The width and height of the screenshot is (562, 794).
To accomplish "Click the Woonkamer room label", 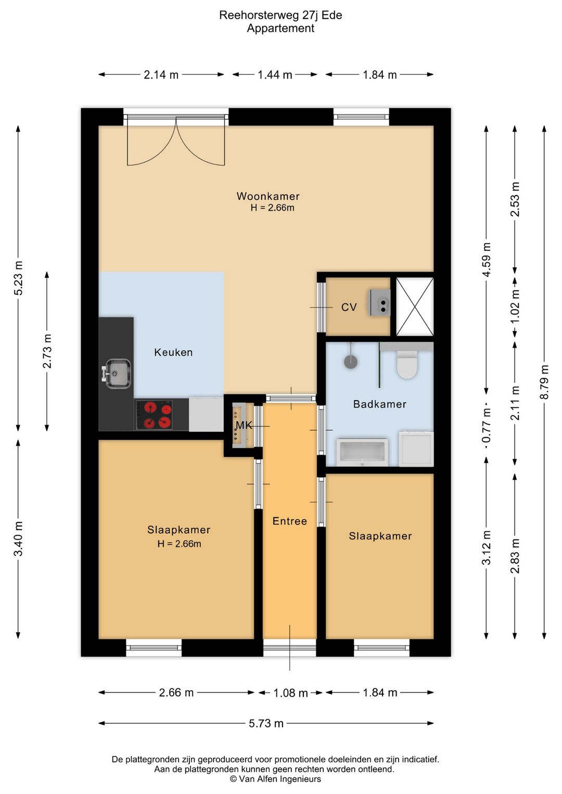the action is click(x=268, y=196).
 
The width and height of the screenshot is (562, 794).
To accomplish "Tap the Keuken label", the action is click(x=173, y=352).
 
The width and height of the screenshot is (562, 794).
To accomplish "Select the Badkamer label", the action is click(x=380, y=404).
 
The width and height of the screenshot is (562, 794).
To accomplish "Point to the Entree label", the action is click(x=290, y=521).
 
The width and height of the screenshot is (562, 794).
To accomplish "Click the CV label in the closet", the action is click(x=349, y=307).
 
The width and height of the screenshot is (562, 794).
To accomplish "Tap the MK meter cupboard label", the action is click(x=244, y=425).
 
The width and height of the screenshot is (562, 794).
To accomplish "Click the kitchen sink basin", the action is click(x=118, y=374).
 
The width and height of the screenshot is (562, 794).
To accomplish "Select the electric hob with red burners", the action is click(x=154, y=415).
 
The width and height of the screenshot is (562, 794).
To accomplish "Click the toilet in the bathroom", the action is click(x=407, y=364).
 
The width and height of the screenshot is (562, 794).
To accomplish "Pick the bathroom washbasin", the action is click(x=362, y=452).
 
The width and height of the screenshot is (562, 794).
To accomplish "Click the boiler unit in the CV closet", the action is click(x=380, y=302).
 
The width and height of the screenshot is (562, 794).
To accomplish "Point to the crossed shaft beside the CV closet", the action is click(x=415, y=306).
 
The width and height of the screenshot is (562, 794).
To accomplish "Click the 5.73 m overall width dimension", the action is click(x=266, y=723).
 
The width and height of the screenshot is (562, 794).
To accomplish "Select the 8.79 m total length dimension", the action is click(x=544, y=382).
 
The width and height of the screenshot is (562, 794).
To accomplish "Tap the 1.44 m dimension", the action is click(x=275, y=75).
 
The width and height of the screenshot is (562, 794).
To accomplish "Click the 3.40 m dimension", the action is click(x=18, y=539).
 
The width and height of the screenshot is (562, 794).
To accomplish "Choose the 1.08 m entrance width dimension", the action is click(x=290, y=693).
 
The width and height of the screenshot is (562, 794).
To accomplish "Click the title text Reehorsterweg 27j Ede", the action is click(x=280, y=15).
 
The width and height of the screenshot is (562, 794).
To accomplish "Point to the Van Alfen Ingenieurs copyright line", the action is click(x=275, y=779).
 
